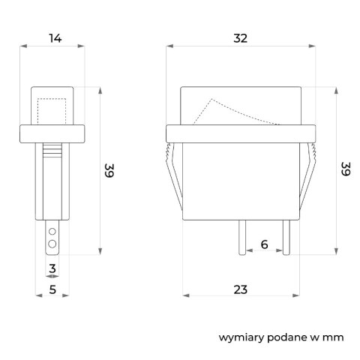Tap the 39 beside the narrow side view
pyautogui.click(x=109, y=171)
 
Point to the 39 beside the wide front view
pyautogui.click(x=346, y=169)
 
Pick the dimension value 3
pyautogui.click(x=52, y=267)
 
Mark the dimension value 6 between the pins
pyautogui.click(x=264, y=244)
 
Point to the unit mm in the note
pyautogui.click(x=334, y=337)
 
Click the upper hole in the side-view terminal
pyautogui.click(x=52, y=233)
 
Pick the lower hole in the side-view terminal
pyautogui.click(x=52, y=244)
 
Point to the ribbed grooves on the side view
pyautogui.click(x=52, y=152)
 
